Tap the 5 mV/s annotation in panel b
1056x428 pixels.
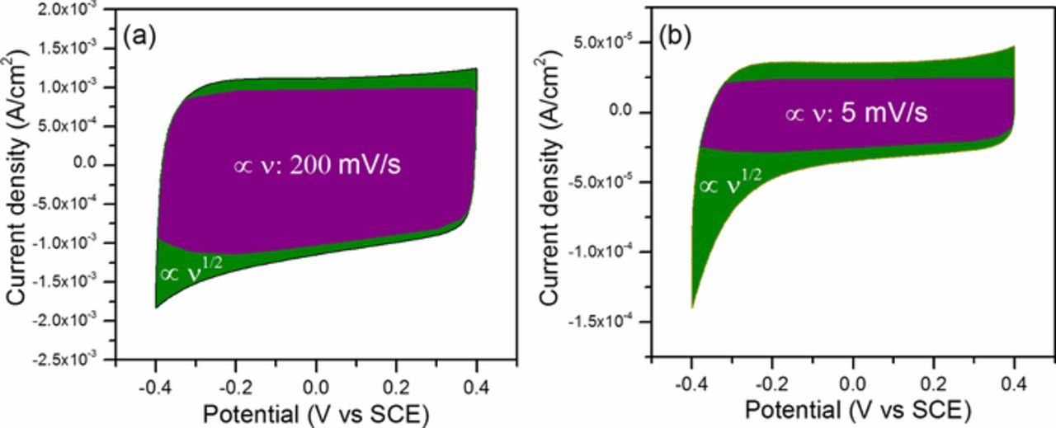coord(856,113)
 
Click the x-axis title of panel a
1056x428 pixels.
coord(316,414)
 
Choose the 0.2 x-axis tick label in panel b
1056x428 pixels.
coord(933,383)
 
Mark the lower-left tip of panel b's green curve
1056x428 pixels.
coord(692,308)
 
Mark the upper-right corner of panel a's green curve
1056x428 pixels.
coord(476,69)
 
